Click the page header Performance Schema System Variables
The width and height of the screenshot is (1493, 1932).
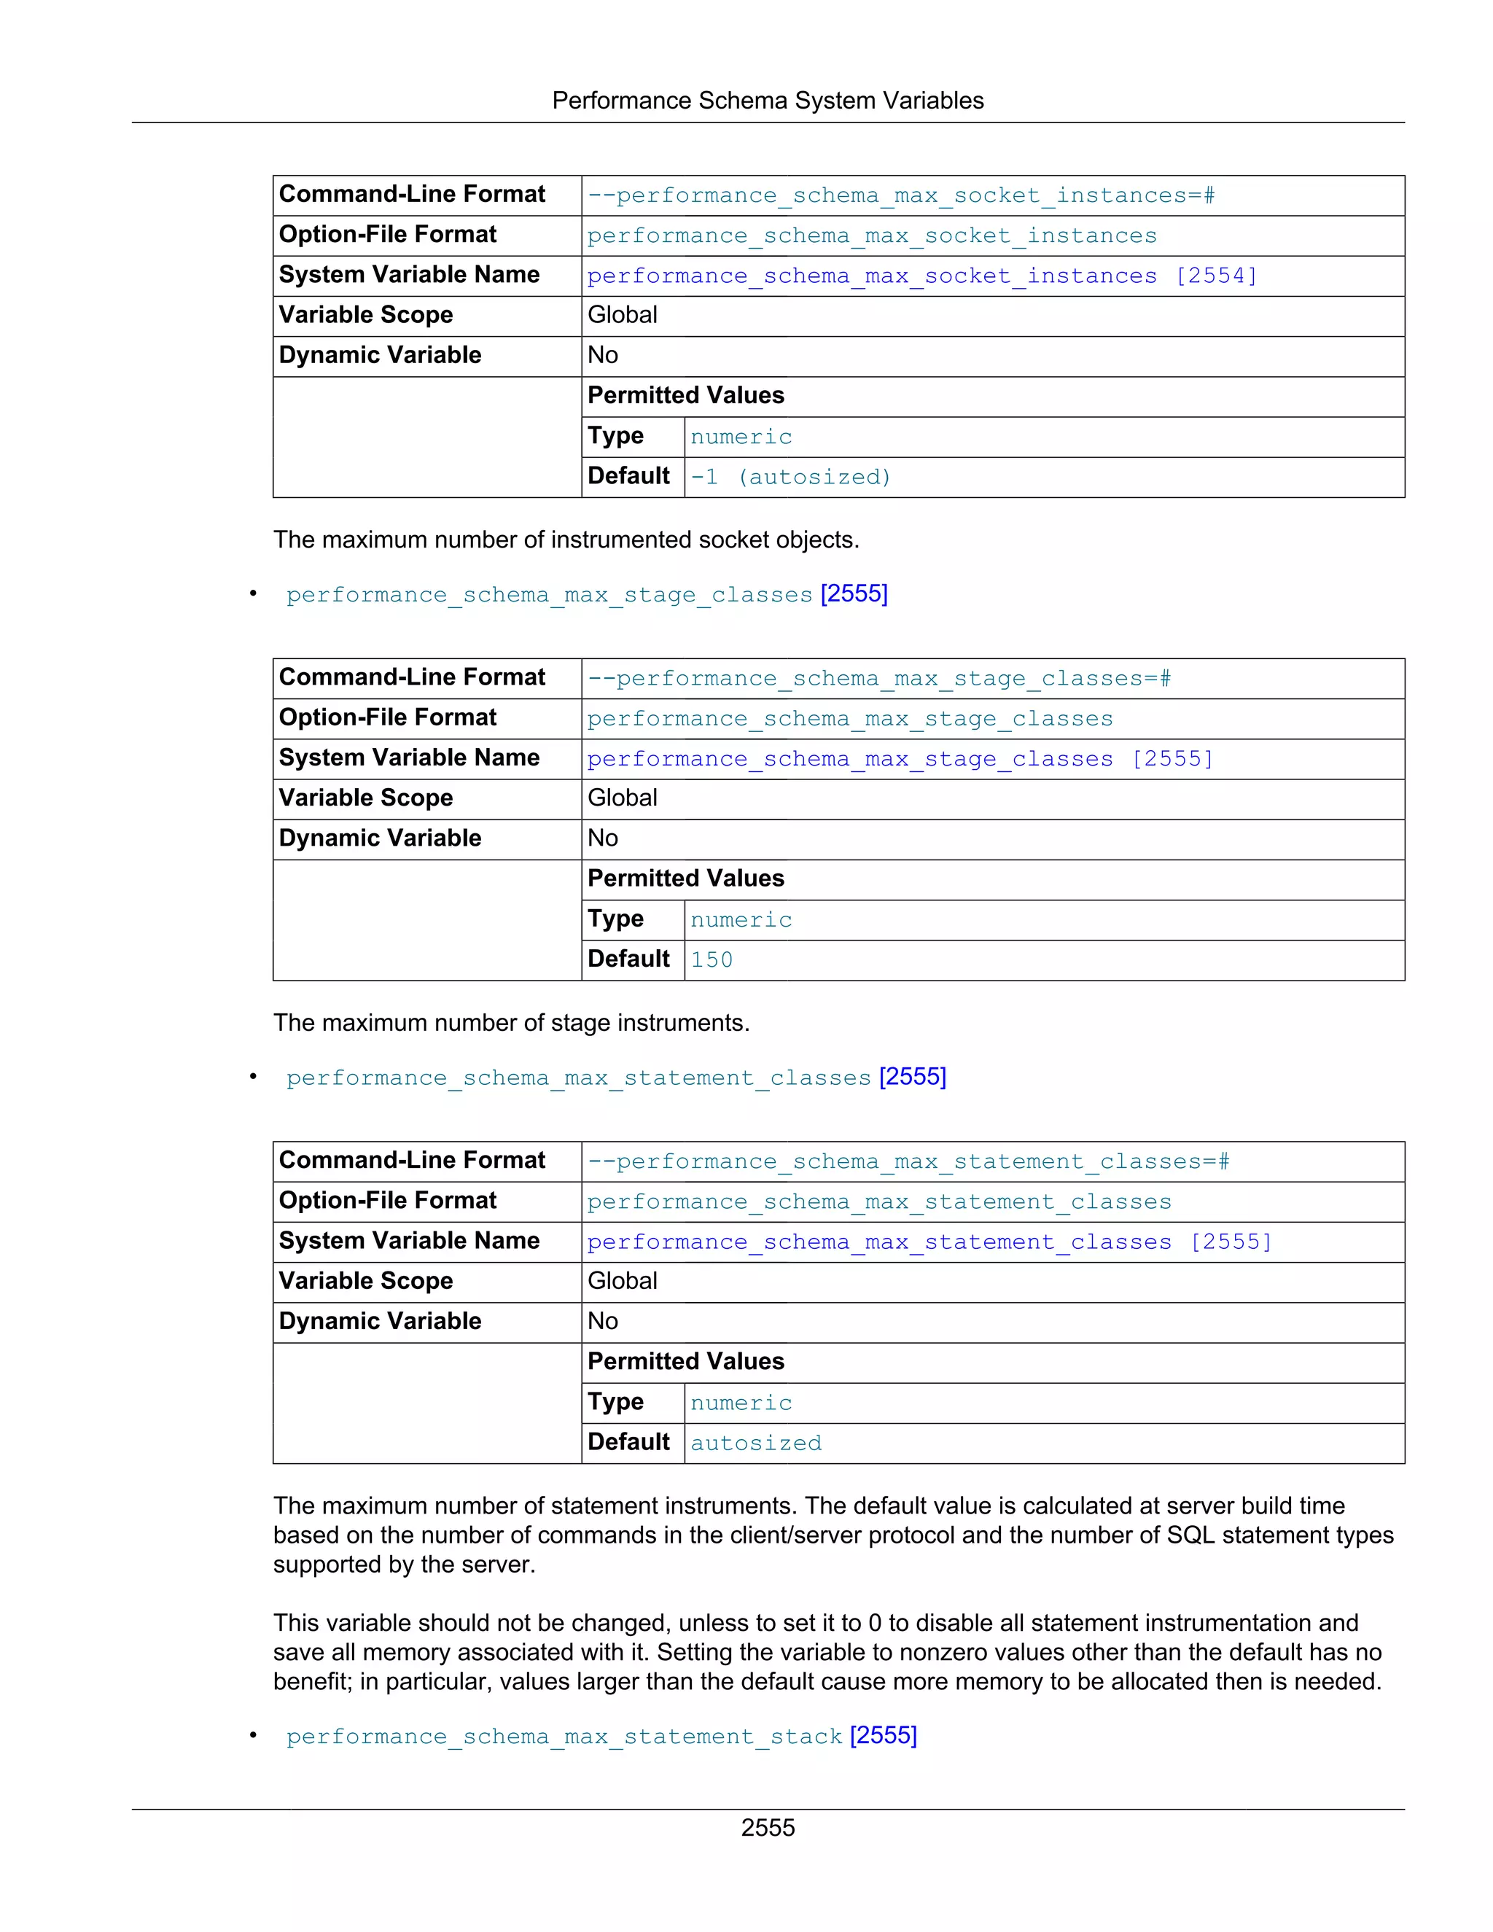click(767, 101)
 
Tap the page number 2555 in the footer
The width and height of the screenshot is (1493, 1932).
click(767, 1827)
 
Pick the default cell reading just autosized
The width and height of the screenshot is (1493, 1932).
click(755, 1443)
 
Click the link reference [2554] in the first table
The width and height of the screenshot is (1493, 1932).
click(1216, 276)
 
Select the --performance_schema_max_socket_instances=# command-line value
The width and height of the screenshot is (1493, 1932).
click(900, 195)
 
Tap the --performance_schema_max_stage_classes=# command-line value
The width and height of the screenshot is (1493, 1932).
click(878, 679)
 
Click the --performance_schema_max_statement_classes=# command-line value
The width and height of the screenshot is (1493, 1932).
click(908, 1161)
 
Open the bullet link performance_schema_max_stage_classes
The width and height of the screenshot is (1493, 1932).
click(548, 594)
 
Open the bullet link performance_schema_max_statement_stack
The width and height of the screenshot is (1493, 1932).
click(564, 1737)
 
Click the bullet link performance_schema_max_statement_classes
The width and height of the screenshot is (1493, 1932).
click(578, 1078)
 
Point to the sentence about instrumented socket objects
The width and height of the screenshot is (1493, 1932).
click(566, 540)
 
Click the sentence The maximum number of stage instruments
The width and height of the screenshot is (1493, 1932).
click(511, 1023)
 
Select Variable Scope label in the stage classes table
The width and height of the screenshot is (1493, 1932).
click(365, 798)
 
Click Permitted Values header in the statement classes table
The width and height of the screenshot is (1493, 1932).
click(685, 1361)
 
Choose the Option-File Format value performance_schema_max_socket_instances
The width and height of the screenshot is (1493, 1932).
click(871, 236)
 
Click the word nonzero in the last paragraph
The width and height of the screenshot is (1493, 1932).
click(946, 1653)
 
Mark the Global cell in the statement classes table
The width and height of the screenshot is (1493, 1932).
click(622, 1281)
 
